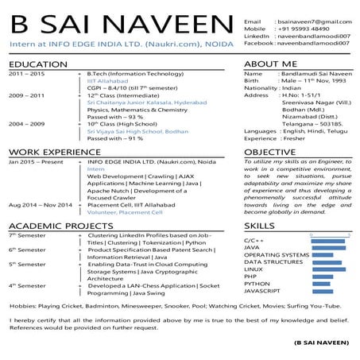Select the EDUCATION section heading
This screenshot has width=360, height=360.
[39, 63]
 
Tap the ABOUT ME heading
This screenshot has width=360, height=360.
[271, 63]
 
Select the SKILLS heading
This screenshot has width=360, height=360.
[259, 226]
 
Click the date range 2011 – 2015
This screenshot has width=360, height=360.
[27, 74]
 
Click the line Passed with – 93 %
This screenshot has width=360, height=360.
[115, 117]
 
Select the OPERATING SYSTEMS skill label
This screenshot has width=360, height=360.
[276, 254]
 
